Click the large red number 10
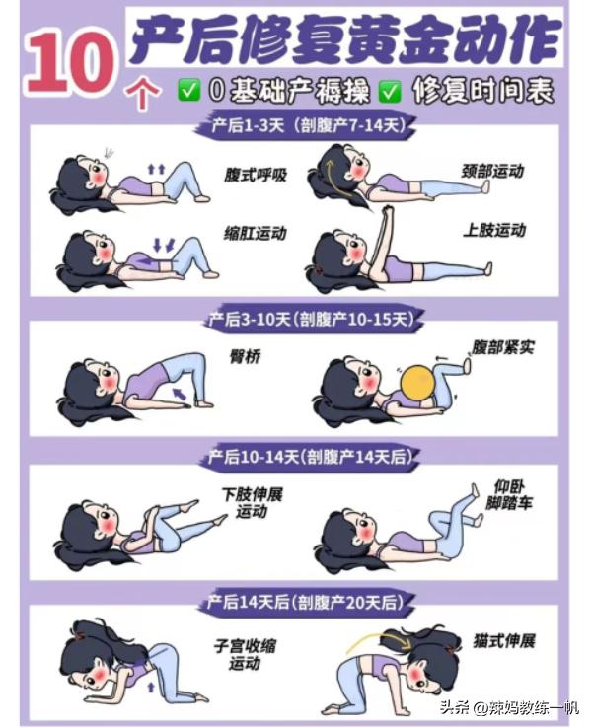66,60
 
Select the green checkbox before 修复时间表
391,92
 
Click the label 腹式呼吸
255,176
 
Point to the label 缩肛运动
255,234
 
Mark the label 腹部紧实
504,347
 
